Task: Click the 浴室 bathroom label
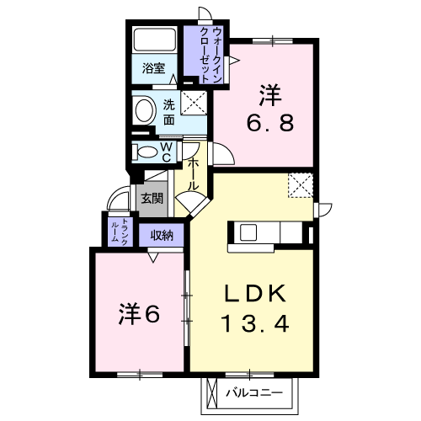[x=153, y=68]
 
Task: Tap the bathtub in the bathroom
[x=154, y=40]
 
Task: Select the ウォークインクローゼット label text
[x=210, y=56]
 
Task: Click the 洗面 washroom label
[x=169, y=112]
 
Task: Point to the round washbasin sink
[x=145, y=109]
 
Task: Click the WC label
[x=167, y=152]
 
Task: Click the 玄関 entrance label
[x=152, y=199]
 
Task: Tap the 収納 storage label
[x=162, y=236]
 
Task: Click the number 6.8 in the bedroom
[x=270, y=123]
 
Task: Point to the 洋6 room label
[x=139, y=314]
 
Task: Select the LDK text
[x=255, y=293]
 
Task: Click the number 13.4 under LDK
[x=255, y=323]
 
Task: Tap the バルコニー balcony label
[x=254, y=392]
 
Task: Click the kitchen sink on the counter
[x=248, y=232]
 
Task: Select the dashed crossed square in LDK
[x=301, y=185]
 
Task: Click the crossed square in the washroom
[x=194, y=103]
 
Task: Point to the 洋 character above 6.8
[x=270, y=95]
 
